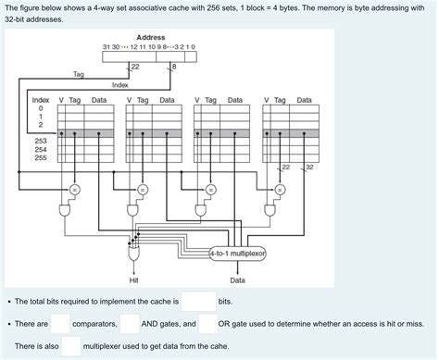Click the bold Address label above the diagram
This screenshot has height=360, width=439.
[x=150, y=36]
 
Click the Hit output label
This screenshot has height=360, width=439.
[x=134, y=279]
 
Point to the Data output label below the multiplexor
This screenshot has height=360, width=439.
[x=237, y=279]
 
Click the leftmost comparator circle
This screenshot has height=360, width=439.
[x=73, y=190]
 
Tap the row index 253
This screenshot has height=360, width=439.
[x=41, y=140]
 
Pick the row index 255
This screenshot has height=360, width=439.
[x=41, y=157]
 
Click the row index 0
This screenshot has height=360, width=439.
[x=41, y=108]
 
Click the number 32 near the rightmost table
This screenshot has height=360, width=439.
[x=309, y=167]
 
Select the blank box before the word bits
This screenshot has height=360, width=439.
[x=198, y=302]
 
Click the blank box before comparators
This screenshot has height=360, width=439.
[x=60, y=324]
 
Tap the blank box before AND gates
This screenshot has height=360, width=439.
[x=130, y=324]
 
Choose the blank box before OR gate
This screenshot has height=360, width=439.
[x=207, y=324]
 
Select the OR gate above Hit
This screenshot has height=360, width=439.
[x=135, y=250]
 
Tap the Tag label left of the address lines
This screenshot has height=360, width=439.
[x=78, y=74]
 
